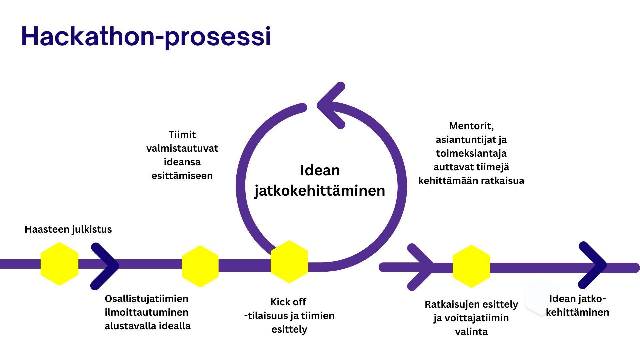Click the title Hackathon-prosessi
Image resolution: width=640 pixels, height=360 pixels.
(146, 37)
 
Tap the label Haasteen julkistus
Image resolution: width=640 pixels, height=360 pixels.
(68, 229)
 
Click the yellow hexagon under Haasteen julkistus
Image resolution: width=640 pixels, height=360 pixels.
(59, 264)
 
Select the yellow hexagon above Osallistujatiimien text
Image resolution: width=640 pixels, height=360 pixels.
(200, 266)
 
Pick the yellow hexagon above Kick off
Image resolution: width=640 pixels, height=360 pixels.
(289, 262)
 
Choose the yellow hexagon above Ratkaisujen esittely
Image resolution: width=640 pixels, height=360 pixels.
(471, 266)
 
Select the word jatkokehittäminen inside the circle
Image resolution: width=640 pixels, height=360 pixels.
(320, 191)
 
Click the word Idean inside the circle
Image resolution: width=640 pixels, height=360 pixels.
(320, 170)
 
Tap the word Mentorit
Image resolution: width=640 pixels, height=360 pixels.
(471, 126)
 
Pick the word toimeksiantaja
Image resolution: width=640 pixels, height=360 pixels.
(471, 153)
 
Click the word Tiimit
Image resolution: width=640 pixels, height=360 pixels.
(182, 135)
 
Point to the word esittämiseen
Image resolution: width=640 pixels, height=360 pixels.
(182, 176)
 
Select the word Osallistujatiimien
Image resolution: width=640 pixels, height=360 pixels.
(146, 299)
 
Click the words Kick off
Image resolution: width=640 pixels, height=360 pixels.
(288, 302)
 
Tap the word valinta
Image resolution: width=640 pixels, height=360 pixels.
(471, 332)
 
